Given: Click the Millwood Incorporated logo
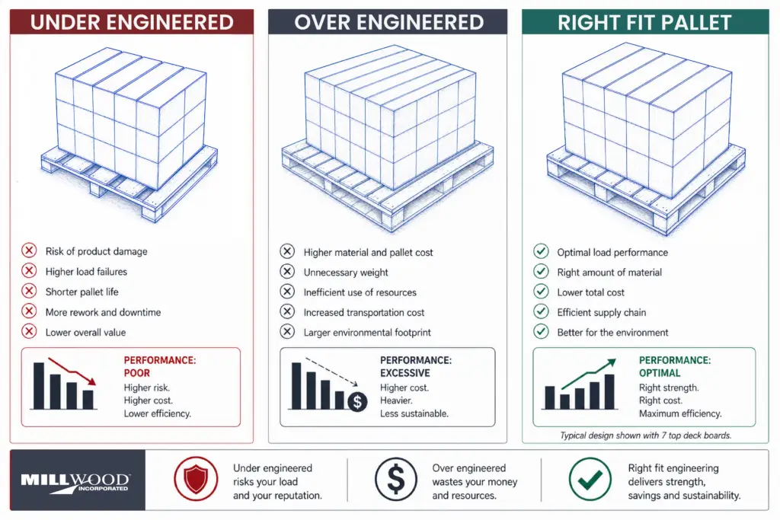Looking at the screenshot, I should [76, 481].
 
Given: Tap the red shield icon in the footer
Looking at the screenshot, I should [195, 480].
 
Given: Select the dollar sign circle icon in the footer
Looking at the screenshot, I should [395, 480].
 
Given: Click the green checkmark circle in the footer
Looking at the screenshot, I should [589, 480].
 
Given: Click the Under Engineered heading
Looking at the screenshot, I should [131, 22].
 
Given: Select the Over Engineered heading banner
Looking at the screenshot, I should [388, 22].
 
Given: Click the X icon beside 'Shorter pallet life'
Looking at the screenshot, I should [29, 291].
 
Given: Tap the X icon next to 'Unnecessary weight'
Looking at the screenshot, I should [287, 272].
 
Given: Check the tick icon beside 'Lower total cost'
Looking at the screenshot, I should [541, 292].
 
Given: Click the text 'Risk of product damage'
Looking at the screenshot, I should [96, 251].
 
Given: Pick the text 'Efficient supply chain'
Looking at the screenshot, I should [601, 312].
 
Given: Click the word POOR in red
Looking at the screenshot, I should [136, 374].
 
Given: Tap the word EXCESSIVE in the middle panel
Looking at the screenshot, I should [405, 374].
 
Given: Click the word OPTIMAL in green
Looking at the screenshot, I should [660, 374].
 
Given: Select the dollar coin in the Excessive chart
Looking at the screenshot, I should [356, 402].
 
